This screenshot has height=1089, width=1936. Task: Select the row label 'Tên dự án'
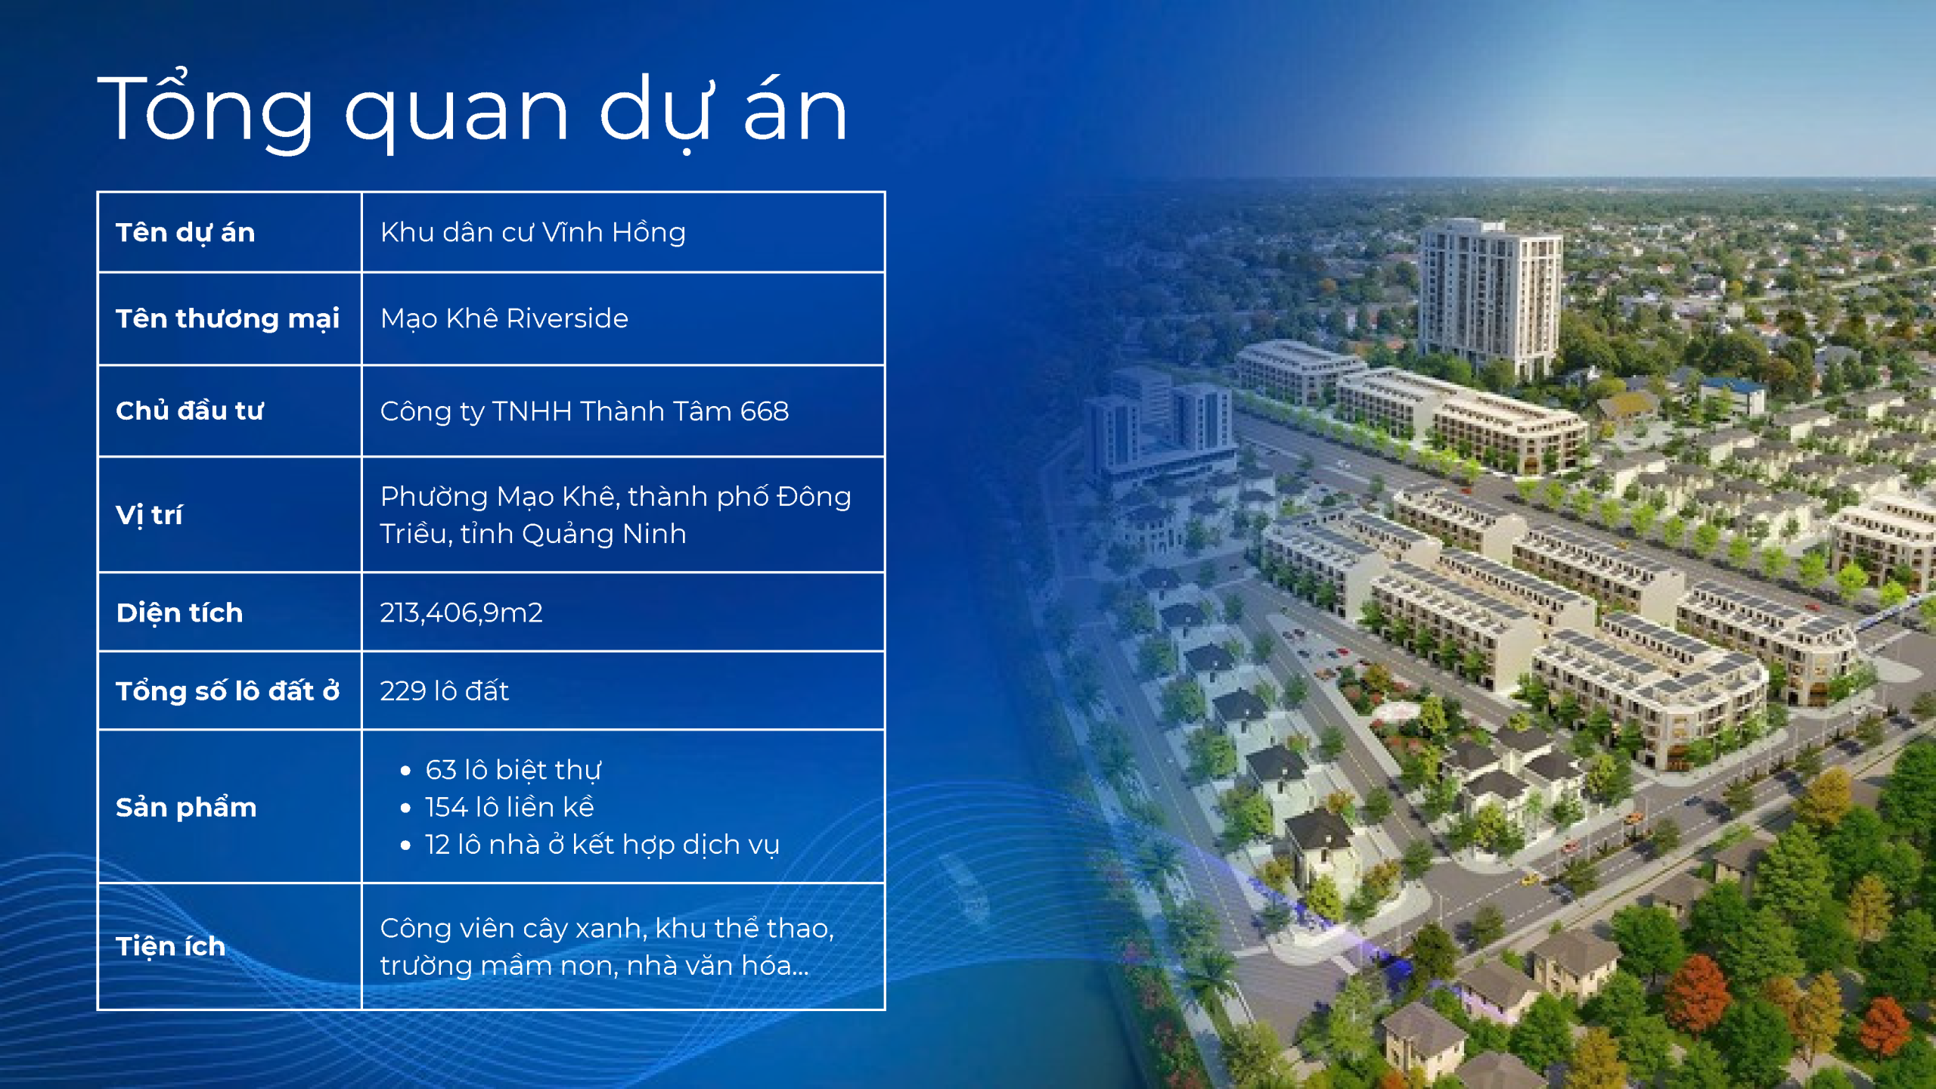[185, 233]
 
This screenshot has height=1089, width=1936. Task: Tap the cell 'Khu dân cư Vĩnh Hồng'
[533, 232]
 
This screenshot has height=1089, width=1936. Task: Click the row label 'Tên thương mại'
[228, 319]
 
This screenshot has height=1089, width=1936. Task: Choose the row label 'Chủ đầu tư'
[190, 411]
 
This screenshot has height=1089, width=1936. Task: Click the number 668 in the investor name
[765, 411]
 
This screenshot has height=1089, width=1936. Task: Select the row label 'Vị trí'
[149, 515]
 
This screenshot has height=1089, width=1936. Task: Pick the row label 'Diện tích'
[179, 613]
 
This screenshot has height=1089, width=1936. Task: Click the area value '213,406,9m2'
[461, 613]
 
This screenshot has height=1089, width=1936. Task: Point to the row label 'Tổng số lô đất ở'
[228, 691]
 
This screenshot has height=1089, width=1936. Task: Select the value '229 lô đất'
[445, 691]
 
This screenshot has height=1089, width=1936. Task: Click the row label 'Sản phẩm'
[186, 808]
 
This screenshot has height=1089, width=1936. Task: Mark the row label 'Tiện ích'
[171, 947]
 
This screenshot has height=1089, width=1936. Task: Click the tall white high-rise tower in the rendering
[1488, 299]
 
